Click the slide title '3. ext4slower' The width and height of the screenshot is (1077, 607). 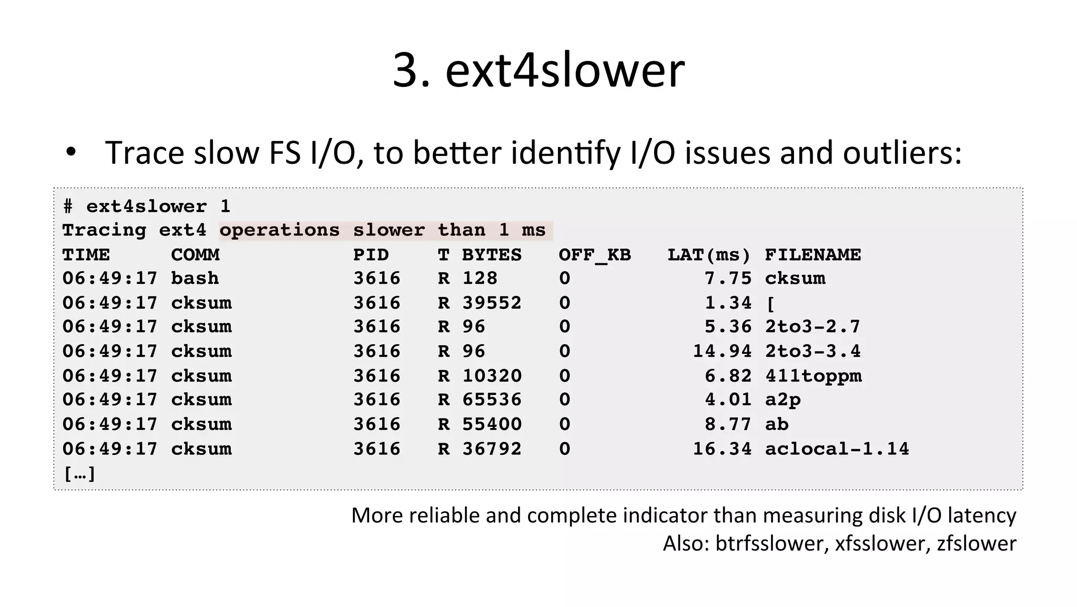tap(538, 70)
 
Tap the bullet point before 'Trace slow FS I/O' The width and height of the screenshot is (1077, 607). tap(71, 153)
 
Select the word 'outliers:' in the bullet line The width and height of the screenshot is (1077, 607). tap(902, 153)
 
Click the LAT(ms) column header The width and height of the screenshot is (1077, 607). tap(709, 255)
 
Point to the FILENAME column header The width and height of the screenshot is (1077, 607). tap(812, 255)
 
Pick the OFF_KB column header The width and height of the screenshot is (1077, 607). tap(594, 255)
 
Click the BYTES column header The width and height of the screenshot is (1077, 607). tap(492, 255)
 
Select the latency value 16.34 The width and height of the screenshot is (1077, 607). tap(722, 449)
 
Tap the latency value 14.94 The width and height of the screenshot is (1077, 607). tap(722, 351)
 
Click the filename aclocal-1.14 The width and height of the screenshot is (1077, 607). tap(837, 449)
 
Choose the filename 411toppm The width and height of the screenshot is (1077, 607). tap(813, 376)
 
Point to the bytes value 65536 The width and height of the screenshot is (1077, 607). tap(492, 400)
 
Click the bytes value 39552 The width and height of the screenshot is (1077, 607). tap(492, 303)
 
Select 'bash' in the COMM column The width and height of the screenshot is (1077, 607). tap(195, 278)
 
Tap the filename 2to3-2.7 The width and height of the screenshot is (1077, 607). tap(812, 327)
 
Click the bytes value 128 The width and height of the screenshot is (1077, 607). tap(480, 278)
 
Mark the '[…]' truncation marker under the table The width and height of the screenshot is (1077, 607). tap(79, 474)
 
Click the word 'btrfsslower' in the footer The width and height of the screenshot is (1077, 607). tap(769, 543)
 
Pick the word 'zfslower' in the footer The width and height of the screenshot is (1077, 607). tap(977, 543)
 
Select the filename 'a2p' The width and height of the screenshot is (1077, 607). tap(783, 400)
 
